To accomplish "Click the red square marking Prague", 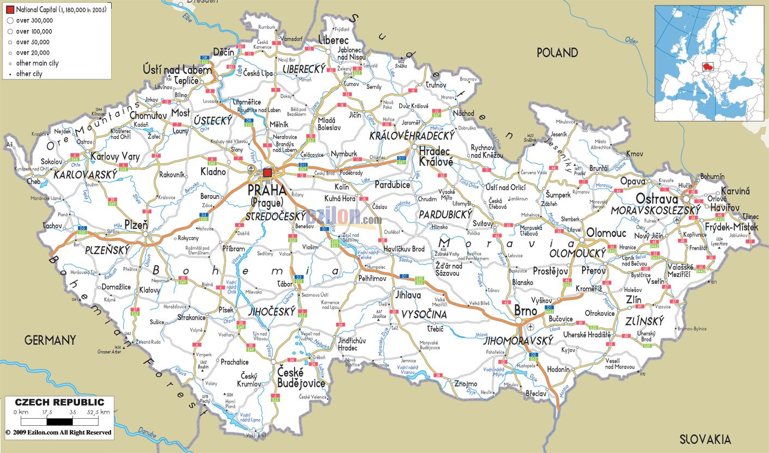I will pyautogui.click(x=267, y=173).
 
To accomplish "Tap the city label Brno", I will pyautogui.click(x=526, y=311).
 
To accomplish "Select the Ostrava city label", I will pyautogui.click(x=658, y=199).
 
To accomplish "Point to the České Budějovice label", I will pyautogui.click(x=301, y=378).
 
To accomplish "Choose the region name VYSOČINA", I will pyautogui.click(x=424, y=315).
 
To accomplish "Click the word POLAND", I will pyautogui.click(x=557, y=53).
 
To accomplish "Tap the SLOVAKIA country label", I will pyautogui.click(x=705, y=439).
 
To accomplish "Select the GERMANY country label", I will pyautogui.click(x=50, y=340).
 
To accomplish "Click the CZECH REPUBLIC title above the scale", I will pyautogui.click(x=59, y=402).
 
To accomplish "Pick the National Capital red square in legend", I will pyautogui.click(x=10, y=10).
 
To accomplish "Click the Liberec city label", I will pyautogui.click(x=333, y=41).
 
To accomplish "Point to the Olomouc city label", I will pyautogui.click(x=606, y=234).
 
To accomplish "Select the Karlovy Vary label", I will pyautogui.click(x=115, y=157).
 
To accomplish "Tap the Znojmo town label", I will pyautogui.click(x=465, y=384).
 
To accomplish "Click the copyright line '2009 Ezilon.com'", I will pyautogui.click(x=58, y=432).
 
